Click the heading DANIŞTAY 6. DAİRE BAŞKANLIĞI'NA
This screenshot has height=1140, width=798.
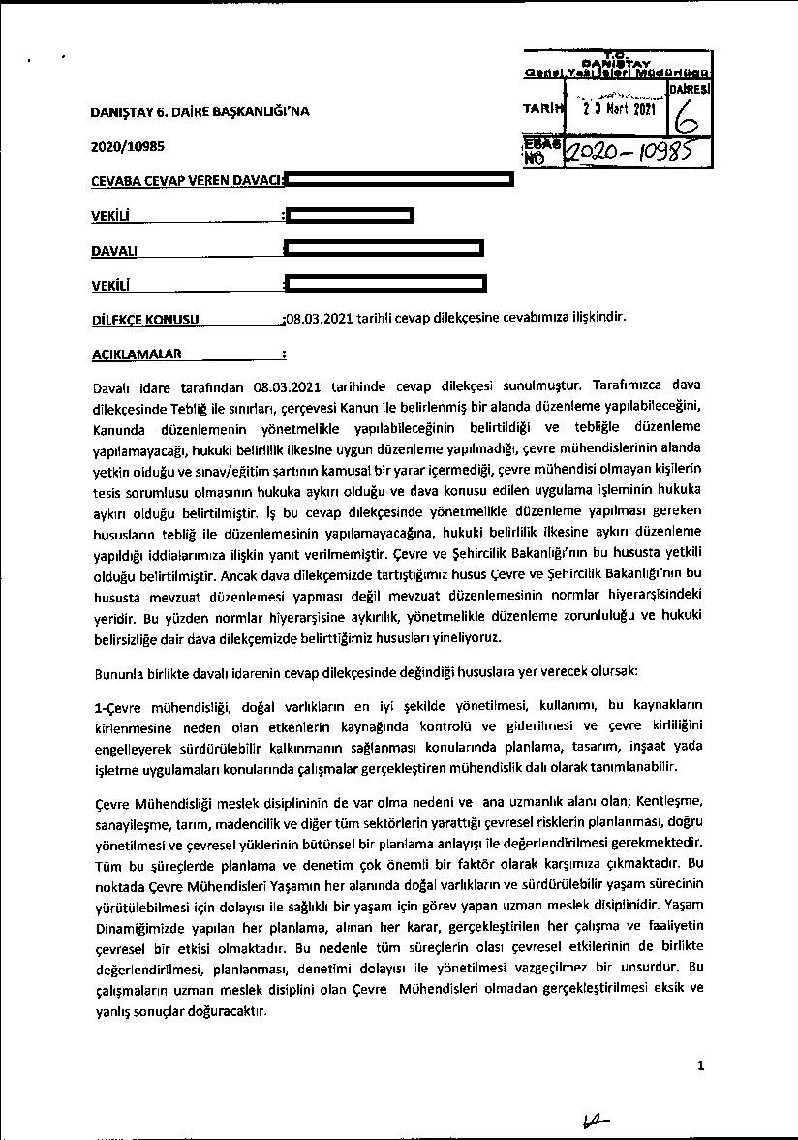(x=200, y=111)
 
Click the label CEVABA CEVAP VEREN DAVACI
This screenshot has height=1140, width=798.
(x=186, y=181)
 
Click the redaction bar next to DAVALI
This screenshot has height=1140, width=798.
(x=384, y=250)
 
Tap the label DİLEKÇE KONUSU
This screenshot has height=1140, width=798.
(x=144, y=319)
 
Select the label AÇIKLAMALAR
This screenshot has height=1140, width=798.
(x=136, y=354)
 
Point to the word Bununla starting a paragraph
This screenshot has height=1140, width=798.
(x=117, y=671)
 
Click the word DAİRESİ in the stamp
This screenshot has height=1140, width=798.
(x=690, y=88)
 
